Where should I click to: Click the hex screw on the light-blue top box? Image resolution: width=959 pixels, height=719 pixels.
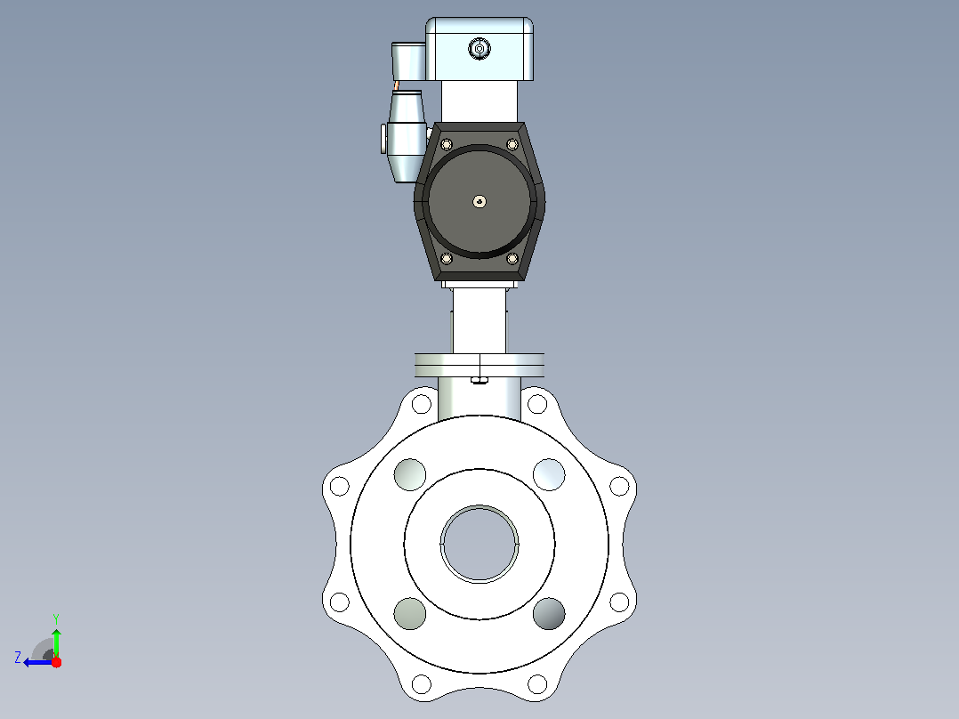479,48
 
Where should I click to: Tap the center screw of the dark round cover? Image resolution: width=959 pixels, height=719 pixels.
480,201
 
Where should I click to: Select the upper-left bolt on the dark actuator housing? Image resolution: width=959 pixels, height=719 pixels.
447,144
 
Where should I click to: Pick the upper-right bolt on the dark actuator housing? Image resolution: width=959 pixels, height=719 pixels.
512,144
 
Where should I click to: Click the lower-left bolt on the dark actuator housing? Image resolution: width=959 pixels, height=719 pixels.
447,258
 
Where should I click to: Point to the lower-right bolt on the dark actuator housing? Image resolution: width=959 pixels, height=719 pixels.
512,258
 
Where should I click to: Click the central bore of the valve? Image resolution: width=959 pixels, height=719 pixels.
479,544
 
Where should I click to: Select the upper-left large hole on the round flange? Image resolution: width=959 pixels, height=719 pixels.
410,474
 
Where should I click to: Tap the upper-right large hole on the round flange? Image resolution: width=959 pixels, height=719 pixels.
549,474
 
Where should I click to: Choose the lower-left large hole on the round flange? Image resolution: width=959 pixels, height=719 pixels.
410,613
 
